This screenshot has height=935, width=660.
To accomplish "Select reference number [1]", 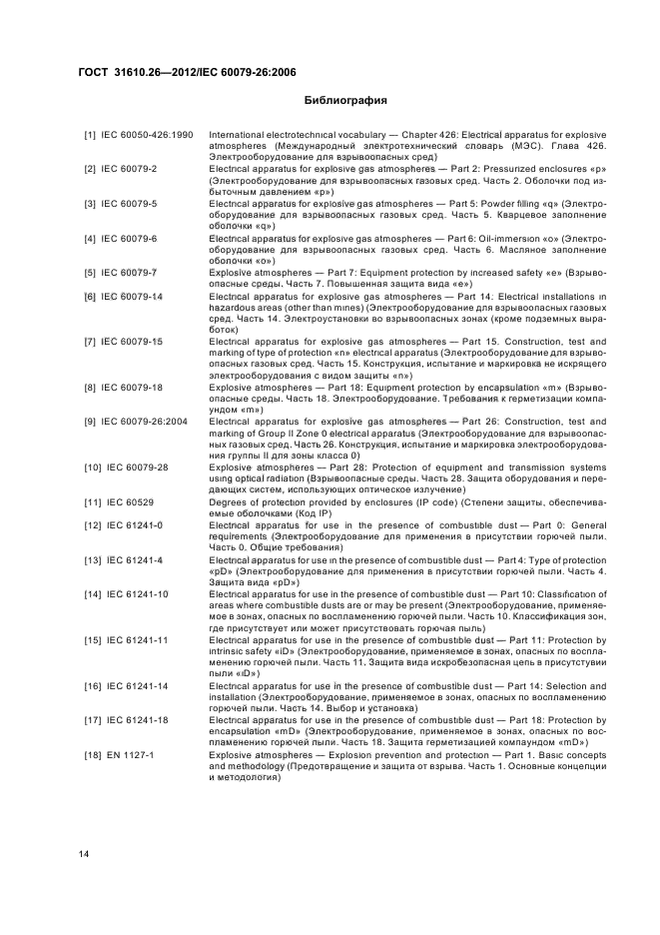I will [90, 135].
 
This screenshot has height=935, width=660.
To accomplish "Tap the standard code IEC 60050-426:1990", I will [147, 135].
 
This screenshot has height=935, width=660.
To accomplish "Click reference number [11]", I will [91, 501].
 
